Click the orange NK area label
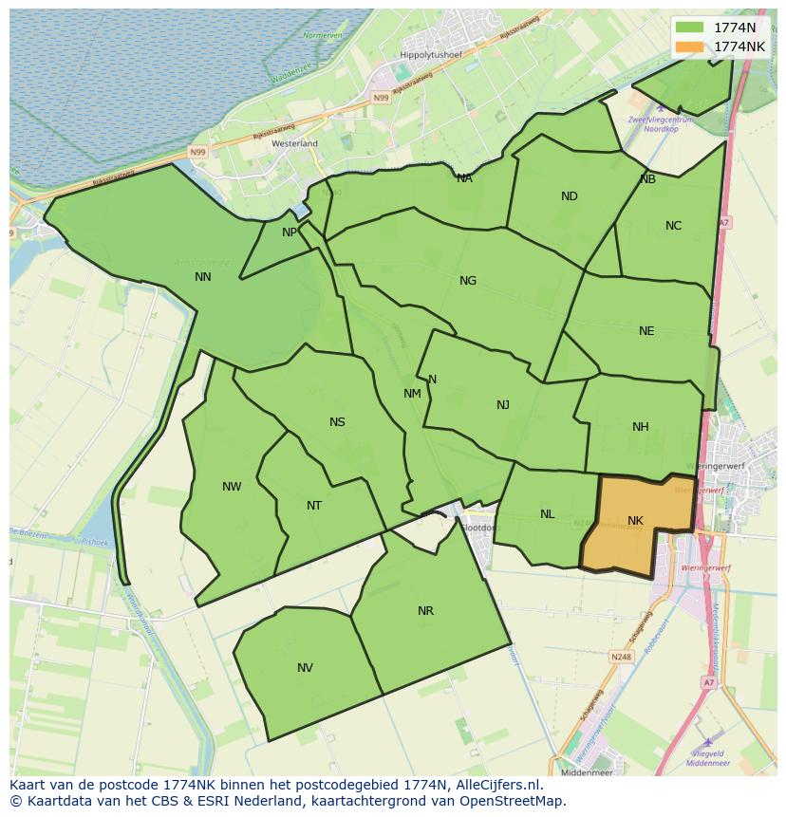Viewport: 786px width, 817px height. pyautogui.click(x=635, y=521)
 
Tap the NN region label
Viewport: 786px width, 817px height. pyautogui.click(x=202, y=277)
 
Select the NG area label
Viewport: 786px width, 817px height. pyautogui.click(x=467, y=281)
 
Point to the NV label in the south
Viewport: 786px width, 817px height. pyautogui.click(x=305, y=668)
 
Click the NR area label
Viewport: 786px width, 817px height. pyautogui.click(x=425, y=611)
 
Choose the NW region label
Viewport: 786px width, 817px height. pyautogui.click(x=232, y=487)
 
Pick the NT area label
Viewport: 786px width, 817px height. pyautogui.click(x=314, y=506)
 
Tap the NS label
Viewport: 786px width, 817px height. pyautogui.click(x=337, y=422)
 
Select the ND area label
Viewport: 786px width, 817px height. pyautogui.click(x=569, y=196)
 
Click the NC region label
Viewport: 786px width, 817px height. pyautogui.click(x=673, y=226)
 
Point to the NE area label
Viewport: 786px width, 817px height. pyautogui.click(x=646, y=331)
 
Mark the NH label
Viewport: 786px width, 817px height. pyautogui.click(x=641, y=427)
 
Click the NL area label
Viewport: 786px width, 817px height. pyautogui.click(x=547, y=514)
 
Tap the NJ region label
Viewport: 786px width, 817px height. pyautogui.click(x=503, y=405)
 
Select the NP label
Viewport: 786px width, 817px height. pyautogui.click(x=290, y=232)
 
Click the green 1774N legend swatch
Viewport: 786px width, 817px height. pyautogui.click(x=690, y=28)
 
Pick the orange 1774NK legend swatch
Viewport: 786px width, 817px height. pyautogui.click(x=690, y=46)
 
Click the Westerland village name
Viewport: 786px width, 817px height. pyautogui.click(x=294, y=143)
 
